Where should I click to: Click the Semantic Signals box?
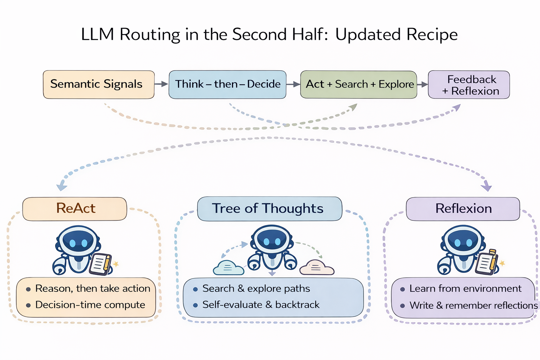pos(98,84)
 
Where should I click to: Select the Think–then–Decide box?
pos(227,84)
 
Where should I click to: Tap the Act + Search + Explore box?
pos(359,84)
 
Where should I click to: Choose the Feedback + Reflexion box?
pos(469,85)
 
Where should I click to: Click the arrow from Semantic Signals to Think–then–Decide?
pos(161,84)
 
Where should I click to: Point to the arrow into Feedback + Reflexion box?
pos(423,84)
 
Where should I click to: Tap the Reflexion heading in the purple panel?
pos(463,209)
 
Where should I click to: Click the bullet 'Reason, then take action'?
pos(92,289)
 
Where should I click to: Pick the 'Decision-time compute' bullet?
pos(90,305)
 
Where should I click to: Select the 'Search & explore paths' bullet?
pos(256,289)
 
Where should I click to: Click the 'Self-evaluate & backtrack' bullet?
pos(261,305)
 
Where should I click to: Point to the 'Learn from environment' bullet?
pos(465,289)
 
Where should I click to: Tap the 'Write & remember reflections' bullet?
pos(473,306)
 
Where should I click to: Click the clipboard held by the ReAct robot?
pos(101,264)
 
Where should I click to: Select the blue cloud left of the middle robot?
pos(229,268)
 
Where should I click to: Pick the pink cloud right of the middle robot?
pos(316,268)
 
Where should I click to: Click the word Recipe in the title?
pos(432,35)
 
